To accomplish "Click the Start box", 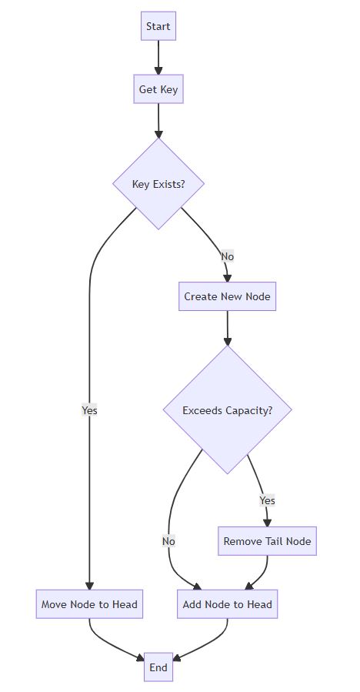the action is pos(158,26).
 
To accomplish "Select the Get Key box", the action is pos(158,89).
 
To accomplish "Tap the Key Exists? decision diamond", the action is pos(158,184).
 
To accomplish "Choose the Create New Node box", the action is pos(227,296).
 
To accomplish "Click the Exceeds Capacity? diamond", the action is pos(227,410).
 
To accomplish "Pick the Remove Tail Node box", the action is pos(268,541).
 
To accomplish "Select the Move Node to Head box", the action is pos(89,604).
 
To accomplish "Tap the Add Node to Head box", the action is pos(227,604).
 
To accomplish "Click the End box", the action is pos(158,667).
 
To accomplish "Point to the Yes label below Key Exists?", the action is pos(89,410).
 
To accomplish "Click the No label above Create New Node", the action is pos(227,256).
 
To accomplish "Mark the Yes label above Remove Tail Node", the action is pos(268,500).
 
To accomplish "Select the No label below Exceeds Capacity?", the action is pos(168,541).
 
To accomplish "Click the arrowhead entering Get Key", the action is pos(158,71).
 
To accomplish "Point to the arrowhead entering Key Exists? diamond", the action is pos(158,134).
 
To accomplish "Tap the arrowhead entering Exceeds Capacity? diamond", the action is pos(227,341).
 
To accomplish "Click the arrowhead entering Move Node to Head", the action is pos(89,586).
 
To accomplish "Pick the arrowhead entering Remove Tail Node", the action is pos(268,523).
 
